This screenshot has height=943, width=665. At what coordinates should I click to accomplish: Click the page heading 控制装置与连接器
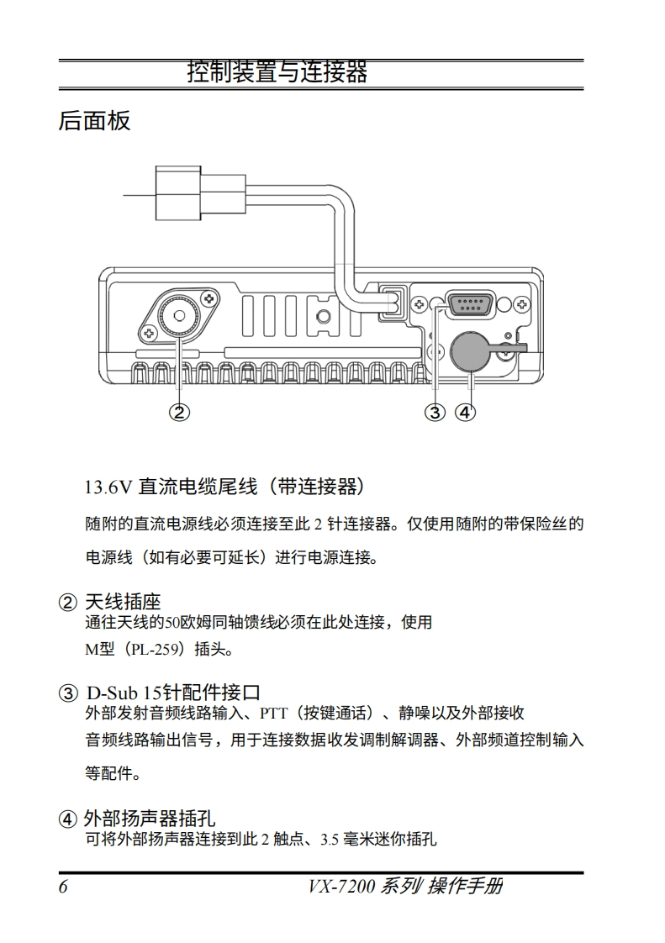coord(277,72)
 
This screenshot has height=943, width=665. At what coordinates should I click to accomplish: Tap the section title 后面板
coord(94,120)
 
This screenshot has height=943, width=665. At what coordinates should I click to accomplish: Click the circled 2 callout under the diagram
coord(179,412)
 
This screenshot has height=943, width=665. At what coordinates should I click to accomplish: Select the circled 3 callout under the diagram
coord(435,412)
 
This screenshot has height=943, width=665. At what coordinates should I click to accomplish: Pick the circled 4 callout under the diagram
coord(465,412)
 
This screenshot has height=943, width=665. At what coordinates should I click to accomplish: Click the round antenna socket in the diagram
coord(179,316)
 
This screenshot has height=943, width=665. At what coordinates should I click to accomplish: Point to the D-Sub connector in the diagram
coord(470,303)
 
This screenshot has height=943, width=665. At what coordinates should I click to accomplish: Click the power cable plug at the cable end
coord(200,193)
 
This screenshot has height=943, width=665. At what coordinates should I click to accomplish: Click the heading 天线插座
coord(123,602)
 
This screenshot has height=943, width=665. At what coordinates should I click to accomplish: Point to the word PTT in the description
coord(274,714)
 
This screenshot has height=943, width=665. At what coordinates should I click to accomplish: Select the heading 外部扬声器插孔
coord(150,819)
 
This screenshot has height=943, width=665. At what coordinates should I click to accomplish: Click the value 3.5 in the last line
coord(330,839)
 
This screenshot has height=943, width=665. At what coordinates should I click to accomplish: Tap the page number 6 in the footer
coord(63,887)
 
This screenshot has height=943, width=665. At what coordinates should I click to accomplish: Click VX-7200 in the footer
coord(341,887)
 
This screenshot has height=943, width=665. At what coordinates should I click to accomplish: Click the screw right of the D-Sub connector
coord(522,304)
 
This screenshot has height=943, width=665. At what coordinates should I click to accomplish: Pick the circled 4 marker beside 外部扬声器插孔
coord(68,819)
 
